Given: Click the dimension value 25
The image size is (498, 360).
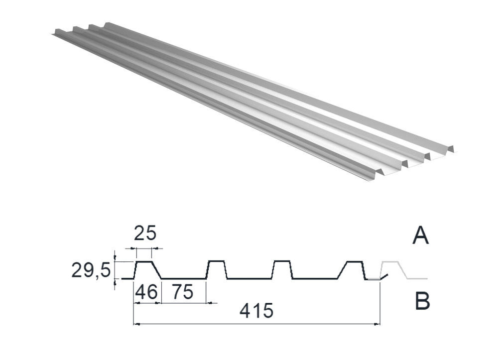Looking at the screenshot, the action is [145, 234].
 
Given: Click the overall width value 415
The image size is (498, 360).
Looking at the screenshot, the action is [256, 311].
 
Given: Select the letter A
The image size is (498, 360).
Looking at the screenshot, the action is [420, 236].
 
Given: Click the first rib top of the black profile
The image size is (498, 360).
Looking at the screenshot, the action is [144, 261].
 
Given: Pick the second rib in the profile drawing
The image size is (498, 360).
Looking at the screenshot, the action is [217, 269].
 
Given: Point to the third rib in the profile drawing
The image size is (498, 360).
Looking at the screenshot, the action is [282, 269].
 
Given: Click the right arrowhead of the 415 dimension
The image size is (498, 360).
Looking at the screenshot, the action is [377, 324].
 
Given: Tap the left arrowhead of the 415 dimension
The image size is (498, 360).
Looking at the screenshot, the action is [136, 324].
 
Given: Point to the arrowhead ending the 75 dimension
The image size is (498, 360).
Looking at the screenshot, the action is [209, 303].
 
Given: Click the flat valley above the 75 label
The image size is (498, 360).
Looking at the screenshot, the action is [184, 278].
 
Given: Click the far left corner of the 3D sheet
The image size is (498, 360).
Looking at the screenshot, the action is [51, 33].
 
